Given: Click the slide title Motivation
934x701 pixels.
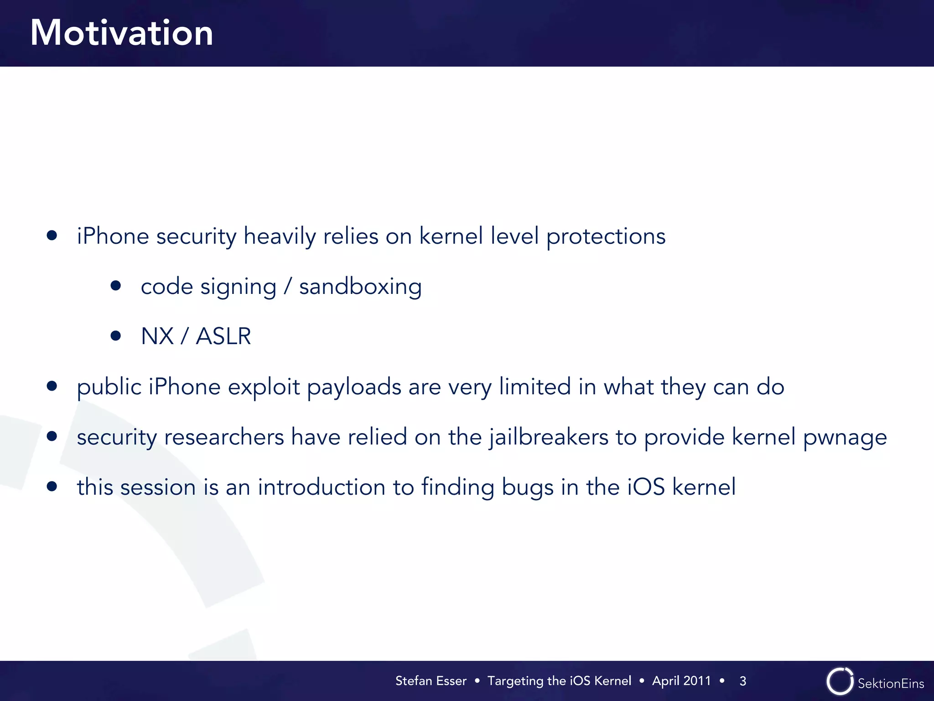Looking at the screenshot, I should (x=122, y=33).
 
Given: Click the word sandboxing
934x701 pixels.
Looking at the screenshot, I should (x=360, y=287).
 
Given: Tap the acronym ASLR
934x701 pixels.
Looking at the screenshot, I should (x=223, y=336).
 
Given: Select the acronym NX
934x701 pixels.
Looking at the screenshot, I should (x=157, y=336).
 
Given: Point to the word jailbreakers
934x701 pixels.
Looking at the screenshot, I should (x=549, y=437).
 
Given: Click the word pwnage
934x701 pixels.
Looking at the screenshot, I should (x=845, y=438).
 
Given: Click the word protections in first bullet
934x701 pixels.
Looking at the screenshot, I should (x=606, y=236).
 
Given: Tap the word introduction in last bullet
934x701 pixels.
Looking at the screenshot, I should (x=322, y=487).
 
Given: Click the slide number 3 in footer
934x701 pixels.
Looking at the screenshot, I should (x=743, y=681).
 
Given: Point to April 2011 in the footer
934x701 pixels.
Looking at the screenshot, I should (x=681, y=681).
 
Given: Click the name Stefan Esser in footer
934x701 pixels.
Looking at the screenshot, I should (x=431, y=681).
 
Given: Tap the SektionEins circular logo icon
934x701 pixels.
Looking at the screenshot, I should (x=840, y=681).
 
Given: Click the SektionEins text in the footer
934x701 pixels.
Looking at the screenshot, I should (x=891, y=683).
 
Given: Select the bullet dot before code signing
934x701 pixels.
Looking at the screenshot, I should (x=116, y=286).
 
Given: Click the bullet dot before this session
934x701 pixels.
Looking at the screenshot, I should (x=52, y=486).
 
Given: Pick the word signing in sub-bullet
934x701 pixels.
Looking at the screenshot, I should (x=238, y=288).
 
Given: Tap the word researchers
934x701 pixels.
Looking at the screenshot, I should (x=224, y=437).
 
